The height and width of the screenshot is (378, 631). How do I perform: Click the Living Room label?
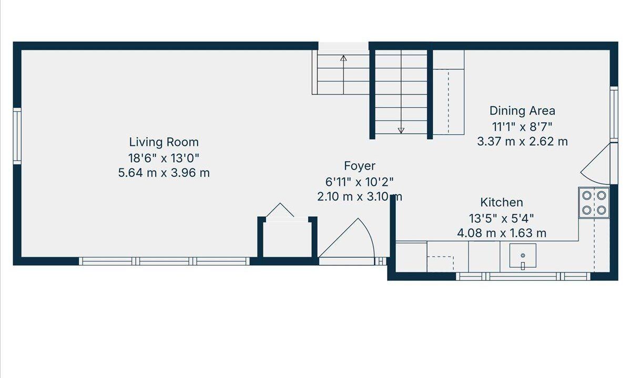[164, 142]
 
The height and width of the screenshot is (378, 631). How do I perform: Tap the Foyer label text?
[360, 166]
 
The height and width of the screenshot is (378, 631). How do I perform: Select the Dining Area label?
[522, 111]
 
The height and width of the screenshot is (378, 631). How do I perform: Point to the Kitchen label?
[502, 203]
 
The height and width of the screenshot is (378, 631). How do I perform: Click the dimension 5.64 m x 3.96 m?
[164, 173]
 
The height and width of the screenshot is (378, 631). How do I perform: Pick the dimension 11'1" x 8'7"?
[522, 127]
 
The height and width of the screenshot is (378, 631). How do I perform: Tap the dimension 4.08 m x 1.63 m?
[502, 233]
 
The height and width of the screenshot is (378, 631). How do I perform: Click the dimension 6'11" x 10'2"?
[360, 182]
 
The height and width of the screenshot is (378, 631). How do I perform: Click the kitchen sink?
[523, 256]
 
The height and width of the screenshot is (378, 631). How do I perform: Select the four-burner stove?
[594, 203]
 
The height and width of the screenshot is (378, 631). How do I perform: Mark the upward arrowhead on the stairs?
[343, 58]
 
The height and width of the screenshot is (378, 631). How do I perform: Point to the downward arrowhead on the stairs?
[401, 130]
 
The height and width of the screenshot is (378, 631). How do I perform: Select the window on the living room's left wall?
[17, 136]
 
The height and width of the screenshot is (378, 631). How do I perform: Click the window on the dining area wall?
[614, 114]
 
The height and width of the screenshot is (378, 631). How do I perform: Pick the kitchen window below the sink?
[523, 277]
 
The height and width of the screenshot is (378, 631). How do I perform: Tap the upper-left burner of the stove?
[586, 195]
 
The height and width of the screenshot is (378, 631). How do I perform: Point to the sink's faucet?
[523, 266]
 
